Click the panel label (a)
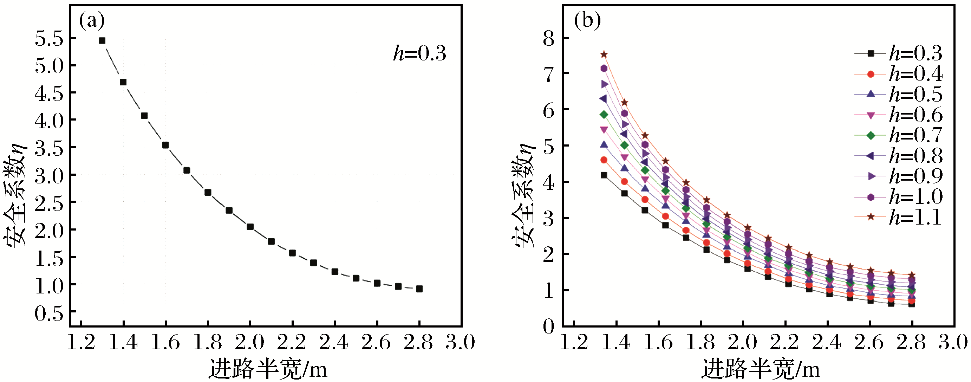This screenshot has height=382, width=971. [91, 21]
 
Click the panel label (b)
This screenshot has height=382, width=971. [587, 20]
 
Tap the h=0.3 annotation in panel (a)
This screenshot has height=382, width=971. [419, 53]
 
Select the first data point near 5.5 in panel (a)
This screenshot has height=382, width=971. [102, 41]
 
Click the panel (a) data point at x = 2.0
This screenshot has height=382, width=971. [250, 227]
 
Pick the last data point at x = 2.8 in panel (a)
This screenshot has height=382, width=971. [419, 289]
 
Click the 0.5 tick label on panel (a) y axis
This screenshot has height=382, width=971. [50, 313]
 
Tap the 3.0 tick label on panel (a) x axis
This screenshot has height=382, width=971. [460, 342]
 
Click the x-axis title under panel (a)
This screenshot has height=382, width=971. [268, 369]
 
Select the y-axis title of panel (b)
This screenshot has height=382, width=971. [523, 196]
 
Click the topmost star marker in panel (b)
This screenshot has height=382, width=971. [604, 54]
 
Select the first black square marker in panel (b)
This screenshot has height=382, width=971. [604, 175]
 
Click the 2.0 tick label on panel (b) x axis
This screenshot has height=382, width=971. [742, 342]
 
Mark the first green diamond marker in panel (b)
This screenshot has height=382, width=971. [604, 115]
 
